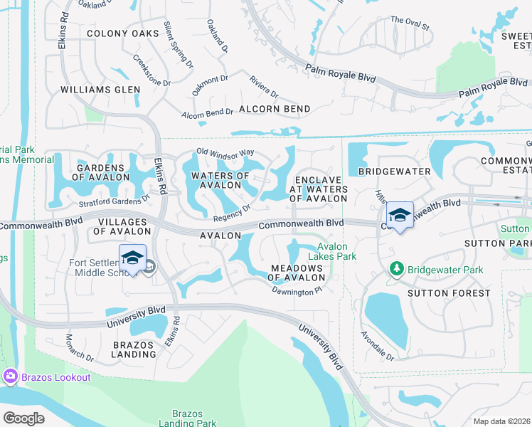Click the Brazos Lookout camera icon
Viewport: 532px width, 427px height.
pyautogui.click(x=11, y=376)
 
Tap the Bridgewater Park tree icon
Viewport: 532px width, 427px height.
pyautogui.click(x=397, y=270)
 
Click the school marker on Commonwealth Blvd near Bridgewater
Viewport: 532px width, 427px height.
pyautogui.click(x=400, y=216)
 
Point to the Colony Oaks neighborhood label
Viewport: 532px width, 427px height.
pyautogui.click(x=123, y=33)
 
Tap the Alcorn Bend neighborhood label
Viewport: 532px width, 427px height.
pyautogui.click(x=275, y=109)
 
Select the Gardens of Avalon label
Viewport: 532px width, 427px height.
pyautogui.click(x=100, y=172)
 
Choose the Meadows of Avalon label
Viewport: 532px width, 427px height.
pyautogui.click(x=297, y=273)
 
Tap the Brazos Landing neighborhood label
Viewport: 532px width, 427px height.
pyautogui.click(x=134, y=349)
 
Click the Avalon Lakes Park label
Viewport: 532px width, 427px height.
pyautogui.click(x=331, y=251)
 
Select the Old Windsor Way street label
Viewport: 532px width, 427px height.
pyautogui.click(x=225, y=152)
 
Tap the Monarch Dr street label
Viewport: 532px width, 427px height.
pyautogui.click(x=80, y=346)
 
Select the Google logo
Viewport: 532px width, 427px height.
pyautogui.click(x=24, y=418)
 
